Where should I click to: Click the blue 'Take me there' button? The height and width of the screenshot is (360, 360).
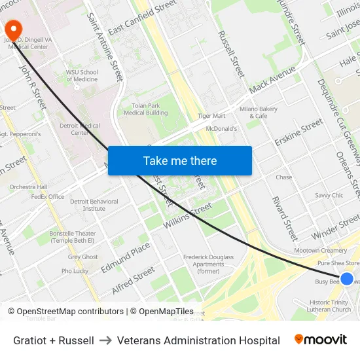[180, 160]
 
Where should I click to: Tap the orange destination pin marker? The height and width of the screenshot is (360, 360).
[13, 30]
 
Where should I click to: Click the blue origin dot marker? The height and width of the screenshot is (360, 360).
[347, 279]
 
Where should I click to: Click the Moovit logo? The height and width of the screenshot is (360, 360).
[321, 340]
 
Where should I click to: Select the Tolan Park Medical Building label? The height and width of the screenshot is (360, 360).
[146, 109]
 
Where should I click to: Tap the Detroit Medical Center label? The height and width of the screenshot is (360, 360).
[80, 129]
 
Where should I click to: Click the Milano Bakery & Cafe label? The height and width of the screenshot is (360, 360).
[258, 112]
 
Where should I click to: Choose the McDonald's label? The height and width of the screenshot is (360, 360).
[221, 129]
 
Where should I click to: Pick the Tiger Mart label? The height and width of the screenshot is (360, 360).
[211, 116]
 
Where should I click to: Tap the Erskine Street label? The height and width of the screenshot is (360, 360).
[298, 133]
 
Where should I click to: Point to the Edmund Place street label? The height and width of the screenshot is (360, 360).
[126, 256]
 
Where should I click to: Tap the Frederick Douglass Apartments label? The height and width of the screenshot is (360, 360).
[208, 264]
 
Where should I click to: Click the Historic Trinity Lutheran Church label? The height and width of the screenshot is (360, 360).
[329, 306]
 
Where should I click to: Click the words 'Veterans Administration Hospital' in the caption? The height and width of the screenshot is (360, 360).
[198, 340]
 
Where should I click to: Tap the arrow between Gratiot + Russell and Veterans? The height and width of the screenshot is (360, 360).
[105, 340]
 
